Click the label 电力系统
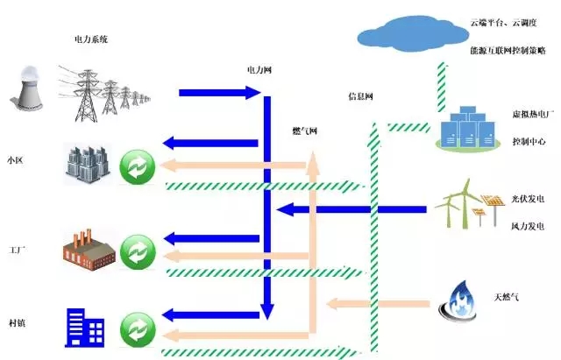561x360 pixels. point(91,40)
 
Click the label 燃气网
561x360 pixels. point(304,131)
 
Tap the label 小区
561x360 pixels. point(16,160)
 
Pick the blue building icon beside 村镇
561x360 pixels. point(84,326)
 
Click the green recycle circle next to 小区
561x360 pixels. point(137,166)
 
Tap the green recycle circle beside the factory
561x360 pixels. point(137,251)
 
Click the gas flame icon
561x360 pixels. point(460,300)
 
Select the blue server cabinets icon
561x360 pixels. point(472,131)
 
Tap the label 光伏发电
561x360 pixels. point(529,200)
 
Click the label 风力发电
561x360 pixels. point(529,225)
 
